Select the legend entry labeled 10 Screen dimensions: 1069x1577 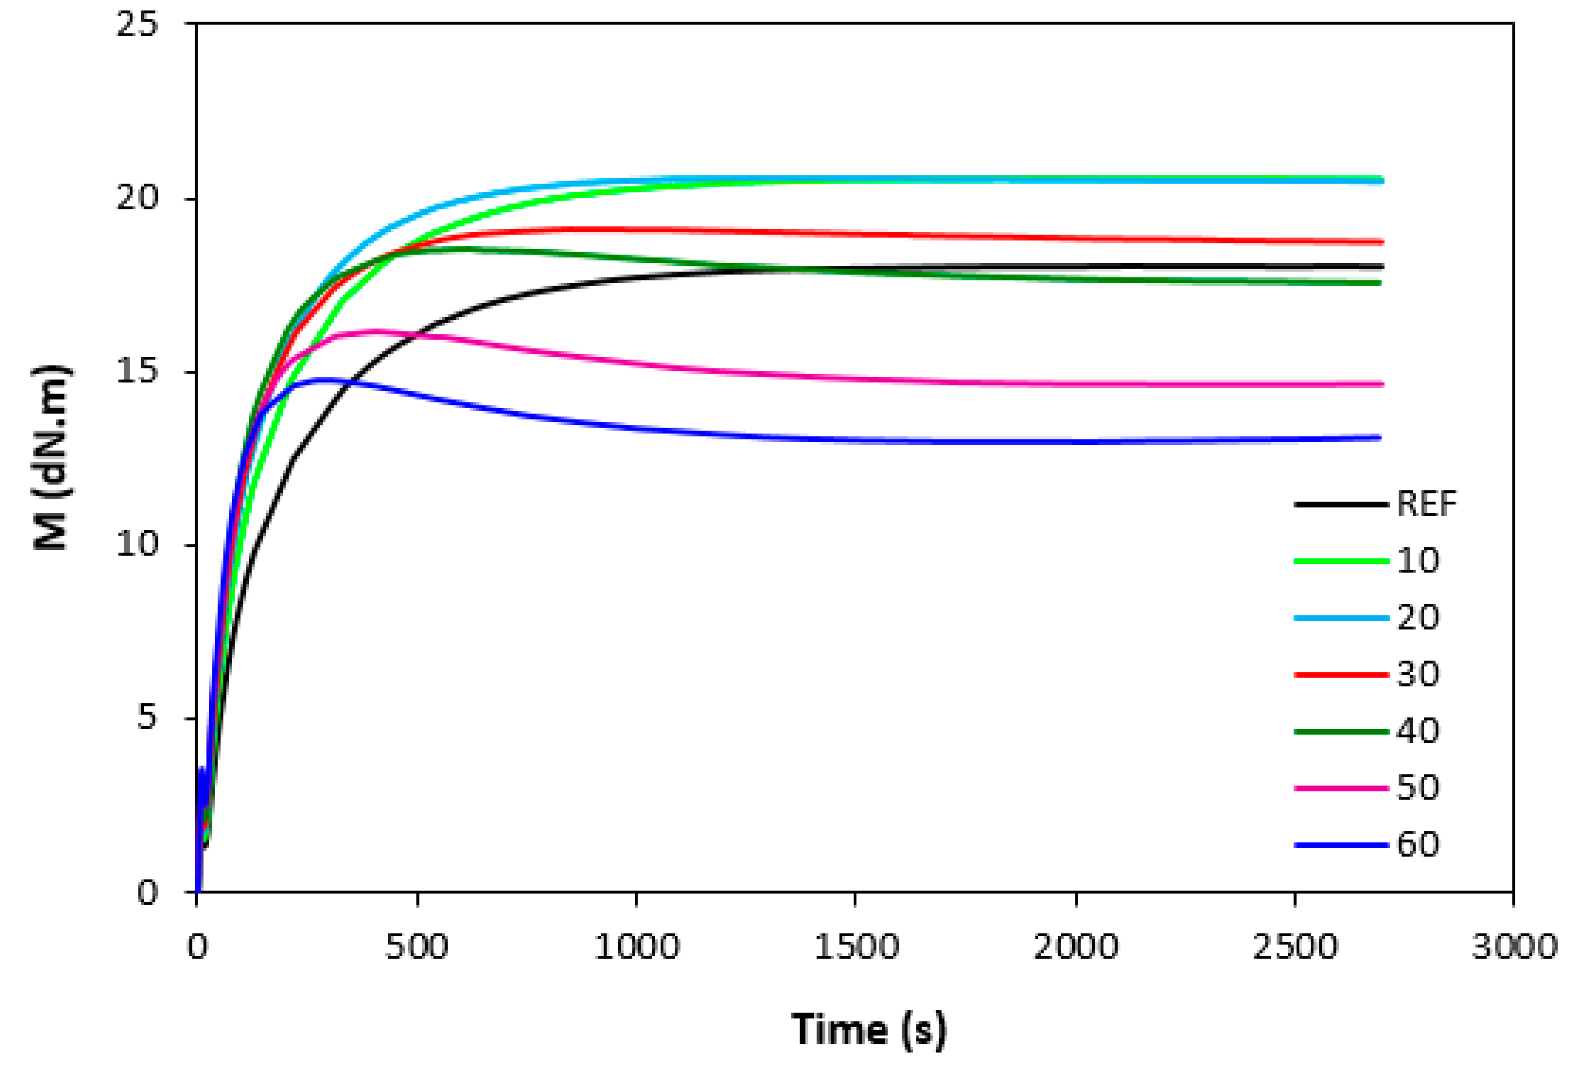click(1417, 560)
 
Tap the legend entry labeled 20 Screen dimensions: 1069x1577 click(1417, 617)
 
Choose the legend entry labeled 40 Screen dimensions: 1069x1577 click(1417, 731)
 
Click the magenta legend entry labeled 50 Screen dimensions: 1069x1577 click(1417, 788)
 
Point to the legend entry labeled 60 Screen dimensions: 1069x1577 click(1417, 845)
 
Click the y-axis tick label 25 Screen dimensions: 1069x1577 click(137, 25)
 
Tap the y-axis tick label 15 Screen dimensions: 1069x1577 click(137, 372)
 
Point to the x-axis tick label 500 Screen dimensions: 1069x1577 click(417, 948)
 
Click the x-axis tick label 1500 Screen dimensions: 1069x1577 click(856, 948)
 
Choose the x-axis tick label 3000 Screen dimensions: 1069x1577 click(1514, 948)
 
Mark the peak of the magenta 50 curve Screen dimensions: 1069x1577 click(377, 331)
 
